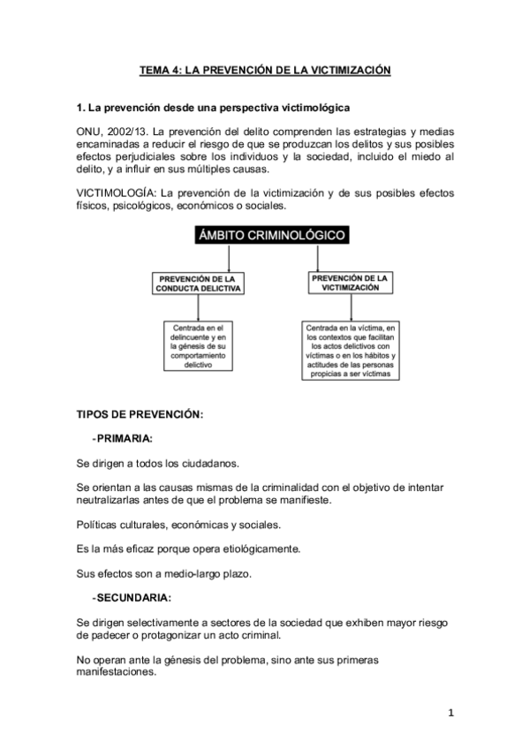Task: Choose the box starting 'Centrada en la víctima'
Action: pyautogui.click(x=351, y=349)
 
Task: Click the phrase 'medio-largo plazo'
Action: pyautogui.click(x=209, y=572)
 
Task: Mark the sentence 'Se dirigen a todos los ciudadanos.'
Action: pyautogui.click(x=158, y=462)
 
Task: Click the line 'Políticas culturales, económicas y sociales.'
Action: pyautogui.click(x=179, y=525)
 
